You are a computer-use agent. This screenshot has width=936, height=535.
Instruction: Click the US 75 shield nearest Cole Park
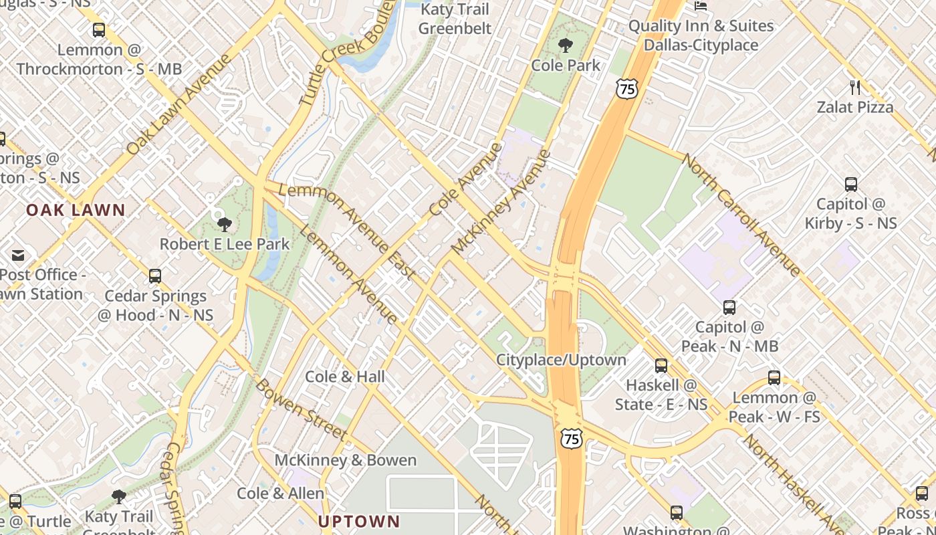pos(627,89)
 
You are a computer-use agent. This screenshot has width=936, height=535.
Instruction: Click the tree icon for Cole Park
pos(566,45)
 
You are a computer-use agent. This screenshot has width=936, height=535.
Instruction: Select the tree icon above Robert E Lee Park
pos(225,224)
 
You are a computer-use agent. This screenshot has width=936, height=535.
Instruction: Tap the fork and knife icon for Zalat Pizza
pos(854,87)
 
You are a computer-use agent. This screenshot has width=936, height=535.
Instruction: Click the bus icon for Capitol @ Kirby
pos(850,185)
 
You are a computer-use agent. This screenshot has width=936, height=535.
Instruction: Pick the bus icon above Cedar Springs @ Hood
pos(155,276)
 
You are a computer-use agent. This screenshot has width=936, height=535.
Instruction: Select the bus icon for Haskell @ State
pos(661,366)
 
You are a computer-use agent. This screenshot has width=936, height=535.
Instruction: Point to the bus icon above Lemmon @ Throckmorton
pos(99,30)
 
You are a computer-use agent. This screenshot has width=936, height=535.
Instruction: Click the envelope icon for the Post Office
pos(17,255)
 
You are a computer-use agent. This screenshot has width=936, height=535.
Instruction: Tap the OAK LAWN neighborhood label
pos(76,210)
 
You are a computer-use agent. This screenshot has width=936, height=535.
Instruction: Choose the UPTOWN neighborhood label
pos(359,522)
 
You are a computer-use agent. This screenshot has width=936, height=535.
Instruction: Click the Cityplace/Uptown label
pos(561,360)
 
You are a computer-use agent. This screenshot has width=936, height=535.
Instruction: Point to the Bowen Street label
pos(301,410)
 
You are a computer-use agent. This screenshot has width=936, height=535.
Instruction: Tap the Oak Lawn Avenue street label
pos(179,104)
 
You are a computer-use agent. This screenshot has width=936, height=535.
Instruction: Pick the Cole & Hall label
pos(345,377)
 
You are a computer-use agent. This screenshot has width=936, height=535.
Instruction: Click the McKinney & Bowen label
pos(346,460)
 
